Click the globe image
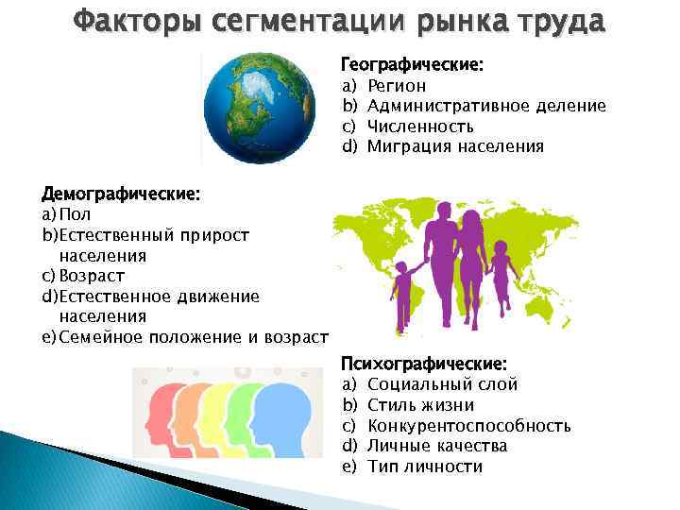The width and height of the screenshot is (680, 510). click(263, 108)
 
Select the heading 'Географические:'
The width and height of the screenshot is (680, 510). click(412, 65)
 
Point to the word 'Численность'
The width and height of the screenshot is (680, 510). click(420, 126)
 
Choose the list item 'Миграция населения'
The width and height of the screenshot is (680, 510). click(455, 145)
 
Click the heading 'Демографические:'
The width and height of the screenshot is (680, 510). click(121, 194)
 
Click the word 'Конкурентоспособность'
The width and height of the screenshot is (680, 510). click(468, 425)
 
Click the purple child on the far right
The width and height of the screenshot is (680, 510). click(501, 273)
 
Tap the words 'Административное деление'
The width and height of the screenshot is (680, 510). click(485, 106)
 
